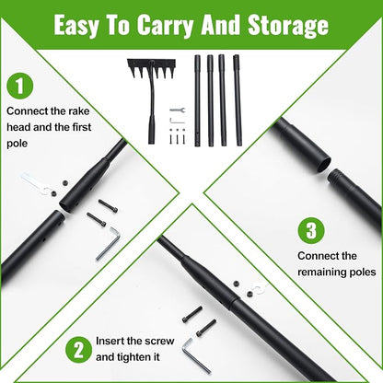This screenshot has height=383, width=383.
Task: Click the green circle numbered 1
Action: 20,86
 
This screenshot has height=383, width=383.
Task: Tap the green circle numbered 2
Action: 78,350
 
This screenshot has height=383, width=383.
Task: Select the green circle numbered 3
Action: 311,230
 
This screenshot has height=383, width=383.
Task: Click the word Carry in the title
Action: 165,26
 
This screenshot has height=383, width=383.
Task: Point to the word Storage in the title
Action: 288,26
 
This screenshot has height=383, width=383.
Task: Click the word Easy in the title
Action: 76,26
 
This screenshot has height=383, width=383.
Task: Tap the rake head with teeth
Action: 152,69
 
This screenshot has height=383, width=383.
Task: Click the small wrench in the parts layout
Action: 177,110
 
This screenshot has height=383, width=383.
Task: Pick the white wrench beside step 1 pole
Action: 36,184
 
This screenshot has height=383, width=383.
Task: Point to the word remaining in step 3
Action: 322,272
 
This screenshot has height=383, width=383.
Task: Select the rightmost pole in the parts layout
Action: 237,100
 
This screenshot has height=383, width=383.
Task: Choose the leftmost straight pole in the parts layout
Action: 197,100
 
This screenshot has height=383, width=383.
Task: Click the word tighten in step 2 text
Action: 133,357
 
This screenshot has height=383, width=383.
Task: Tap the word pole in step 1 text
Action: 17,144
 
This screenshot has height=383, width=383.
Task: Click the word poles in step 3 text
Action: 363,273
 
